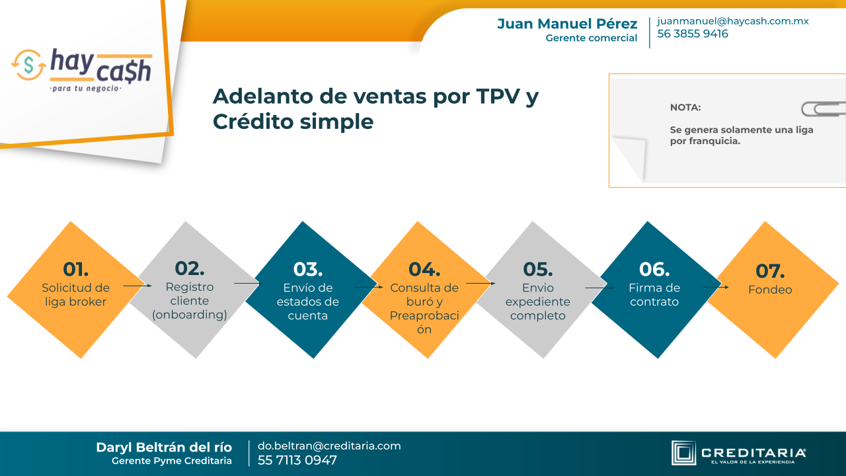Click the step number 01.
click(x=76, y=269)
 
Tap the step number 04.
click(x=424, y=269)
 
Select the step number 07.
click(x=770, y=271)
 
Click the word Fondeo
click(x=770, y=290)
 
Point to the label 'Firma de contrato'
click(x=654, y=295)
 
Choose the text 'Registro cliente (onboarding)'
click(x=190, y=301)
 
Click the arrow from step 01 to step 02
click(x=137, y=286)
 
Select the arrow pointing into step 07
click(x=714, y=287)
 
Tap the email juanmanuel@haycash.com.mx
click(x=733, y=21)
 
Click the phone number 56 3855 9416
click(x=693, y=34)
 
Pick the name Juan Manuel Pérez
click(x=567, y=24)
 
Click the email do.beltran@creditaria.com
click(x=329, y=446)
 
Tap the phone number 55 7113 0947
click(x=297, y=461)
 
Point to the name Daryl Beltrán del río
click(x=164, y=448)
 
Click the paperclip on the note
click(x=824, y=109)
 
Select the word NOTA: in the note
click(x=685, y=108)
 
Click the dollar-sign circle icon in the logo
click(x=28, y=65)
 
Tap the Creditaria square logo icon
click(x=683, y=453)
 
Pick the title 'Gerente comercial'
click(x=591, y=38)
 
